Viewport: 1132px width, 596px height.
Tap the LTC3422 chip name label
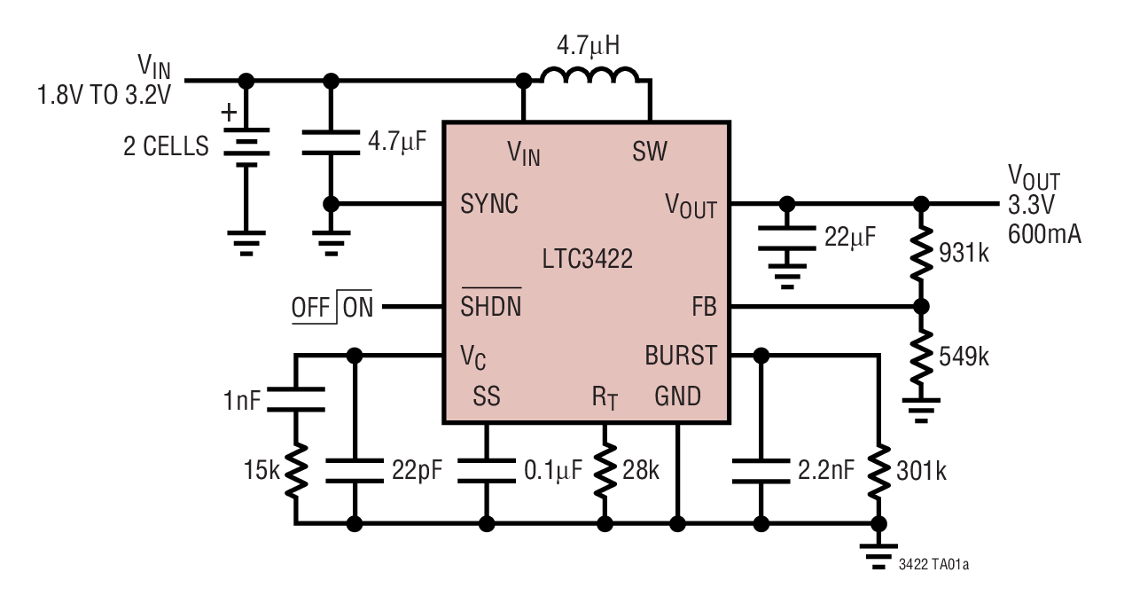pyautogui.click(x=587, y=259)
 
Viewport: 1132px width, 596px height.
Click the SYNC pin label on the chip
pyautogui.click(x=489, y=204)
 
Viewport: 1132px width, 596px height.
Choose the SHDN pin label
pyautogui.click(x=490, y=307)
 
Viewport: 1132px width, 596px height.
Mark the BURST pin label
pyautogui.click(x=681, y=356)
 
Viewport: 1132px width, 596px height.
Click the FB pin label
pyautogui.click(x=704, y=307)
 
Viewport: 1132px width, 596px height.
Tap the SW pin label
pyautogui.click(x=650, y=152)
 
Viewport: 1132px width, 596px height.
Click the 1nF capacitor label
pyautogui.click(x=242, y=400)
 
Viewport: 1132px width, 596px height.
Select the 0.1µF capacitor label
pyautogui.click(x=553, y=469)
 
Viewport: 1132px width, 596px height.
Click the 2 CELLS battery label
pyautogui.click(x=166, y=146)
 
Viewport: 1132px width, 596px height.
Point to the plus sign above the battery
pyautogui.click(x=229, y=113)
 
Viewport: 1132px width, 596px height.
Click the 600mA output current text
pyautogui.click(x=1044, y=234)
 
